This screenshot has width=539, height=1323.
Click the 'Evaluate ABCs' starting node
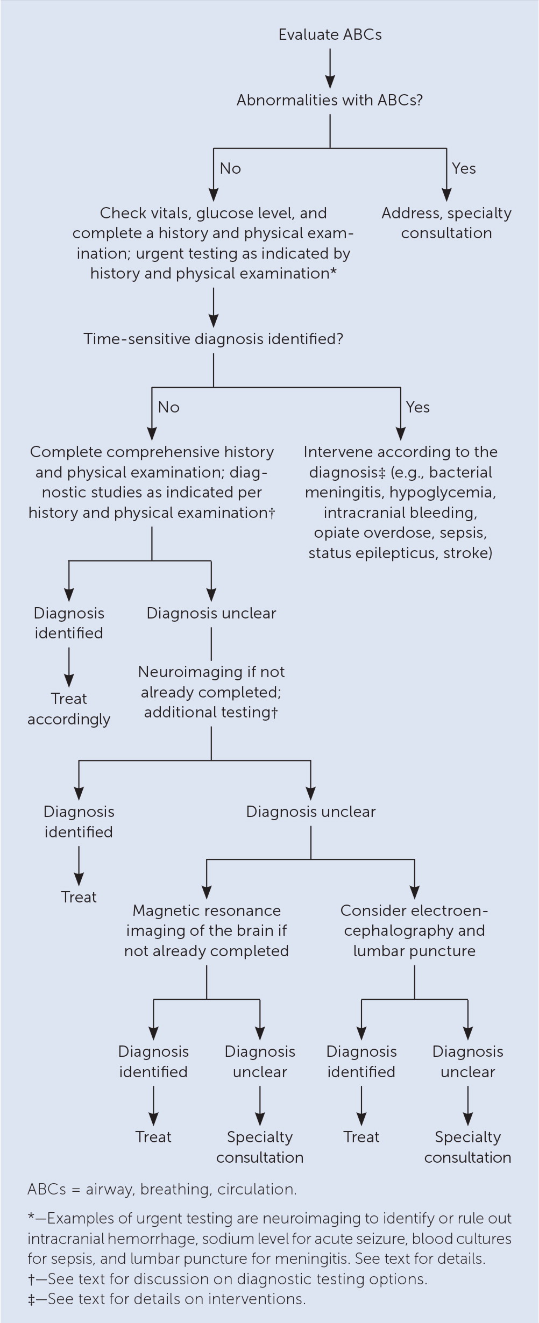coord(330,35)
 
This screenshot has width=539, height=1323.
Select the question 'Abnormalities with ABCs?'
coord(330,101)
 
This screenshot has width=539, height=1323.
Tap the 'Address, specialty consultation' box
coord(446,223)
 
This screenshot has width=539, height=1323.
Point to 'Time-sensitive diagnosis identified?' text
coord(213,339)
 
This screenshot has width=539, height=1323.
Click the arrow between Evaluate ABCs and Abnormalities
coord(330,68)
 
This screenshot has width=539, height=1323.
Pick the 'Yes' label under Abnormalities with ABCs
coord(464,169)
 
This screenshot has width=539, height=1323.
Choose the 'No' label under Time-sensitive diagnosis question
coord(168,408)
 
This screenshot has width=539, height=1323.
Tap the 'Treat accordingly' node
coord(69,709)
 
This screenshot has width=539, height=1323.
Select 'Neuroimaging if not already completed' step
coord(211,682)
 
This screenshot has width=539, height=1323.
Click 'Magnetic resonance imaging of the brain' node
coord(207,931)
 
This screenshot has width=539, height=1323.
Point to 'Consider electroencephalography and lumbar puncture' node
coord(414,931)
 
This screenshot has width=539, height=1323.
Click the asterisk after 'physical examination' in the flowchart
coord(334,273)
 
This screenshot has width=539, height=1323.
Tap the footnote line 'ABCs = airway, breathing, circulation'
coord(162,1189)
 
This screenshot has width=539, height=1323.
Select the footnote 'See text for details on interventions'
coord(167,1299)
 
